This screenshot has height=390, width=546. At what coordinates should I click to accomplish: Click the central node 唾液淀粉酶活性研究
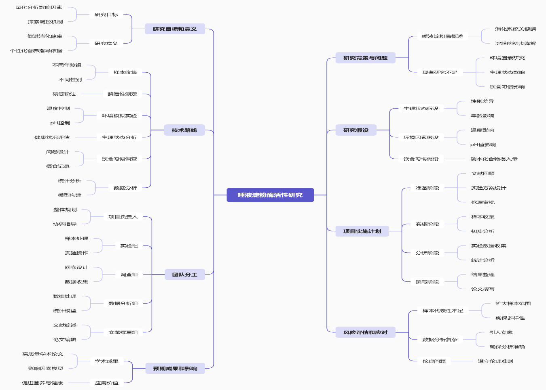coord(270,195)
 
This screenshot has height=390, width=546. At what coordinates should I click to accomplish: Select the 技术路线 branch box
coord(184,130)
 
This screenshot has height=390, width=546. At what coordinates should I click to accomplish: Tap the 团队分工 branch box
coord(185,275)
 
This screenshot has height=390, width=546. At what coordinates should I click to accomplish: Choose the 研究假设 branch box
coord(356,130)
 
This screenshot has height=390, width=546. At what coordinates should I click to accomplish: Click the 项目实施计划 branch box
coord(362,231)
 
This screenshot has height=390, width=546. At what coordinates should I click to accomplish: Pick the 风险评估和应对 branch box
coord(365,332)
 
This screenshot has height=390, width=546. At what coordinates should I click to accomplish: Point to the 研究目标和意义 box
coord(175,29)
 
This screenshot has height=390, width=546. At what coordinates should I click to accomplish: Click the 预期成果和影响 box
coord(175,368)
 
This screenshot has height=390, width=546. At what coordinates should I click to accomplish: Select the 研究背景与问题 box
coord(365,58)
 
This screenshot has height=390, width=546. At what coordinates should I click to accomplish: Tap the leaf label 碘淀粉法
coord(64,94)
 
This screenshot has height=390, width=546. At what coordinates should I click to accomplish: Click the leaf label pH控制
coord(60,123)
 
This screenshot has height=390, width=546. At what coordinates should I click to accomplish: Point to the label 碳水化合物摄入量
coord(494,159)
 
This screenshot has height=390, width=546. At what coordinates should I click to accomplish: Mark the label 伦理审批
coord(483,202)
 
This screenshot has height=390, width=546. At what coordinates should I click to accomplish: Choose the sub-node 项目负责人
coord(123,217)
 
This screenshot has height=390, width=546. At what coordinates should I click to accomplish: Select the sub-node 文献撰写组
coord(123,332)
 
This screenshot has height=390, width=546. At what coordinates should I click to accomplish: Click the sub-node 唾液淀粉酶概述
coord(442,36)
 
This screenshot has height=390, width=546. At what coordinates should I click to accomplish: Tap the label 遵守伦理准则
coord(495,361)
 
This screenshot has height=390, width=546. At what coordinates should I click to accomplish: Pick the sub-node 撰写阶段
coord(427,282)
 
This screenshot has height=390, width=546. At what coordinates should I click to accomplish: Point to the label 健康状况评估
coord(52,137)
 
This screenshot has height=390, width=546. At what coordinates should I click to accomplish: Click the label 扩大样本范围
coord(513,304)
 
